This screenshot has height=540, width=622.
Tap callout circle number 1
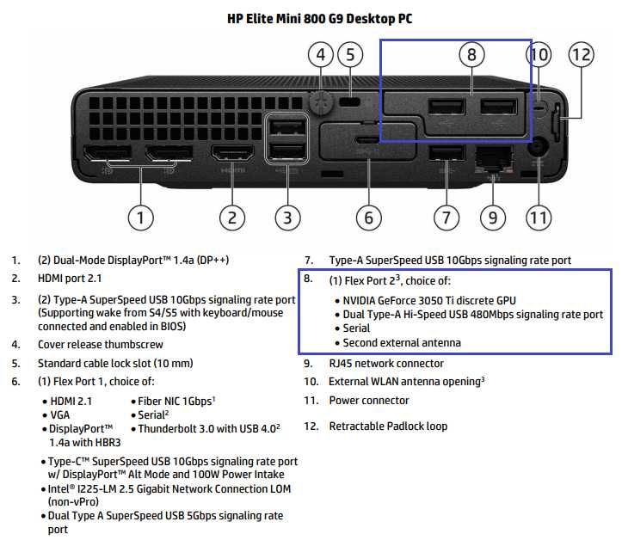(x=141, y=217)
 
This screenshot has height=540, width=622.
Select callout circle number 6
(x=368, y=217)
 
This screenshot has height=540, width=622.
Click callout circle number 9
(x=492, y=217)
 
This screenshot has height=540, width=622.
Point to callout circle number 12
(x=582, y=55)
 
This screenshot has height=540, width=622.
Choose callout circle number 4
(x=320, y=55)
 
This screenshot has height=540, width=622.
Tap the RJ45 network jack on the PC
(x=491, y=156)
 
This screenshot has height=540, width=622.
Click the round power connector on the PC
(x=539, y=148)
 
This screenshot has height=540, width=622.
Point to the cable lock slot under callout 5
(x=350, y=101)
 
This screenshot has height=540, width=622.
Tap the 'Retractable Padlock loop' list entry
(x=388, y=426)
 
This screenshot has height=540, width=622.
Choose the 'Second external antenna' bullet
(x=401, y=342)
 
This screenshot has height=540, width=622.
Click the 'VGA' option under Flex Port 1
(x=61, y=414)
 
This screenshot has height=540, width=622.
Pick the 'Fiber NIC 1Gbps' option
(x=175, y=400)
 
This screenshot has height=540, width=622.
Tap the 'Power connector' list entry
(x=369, y=400)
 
